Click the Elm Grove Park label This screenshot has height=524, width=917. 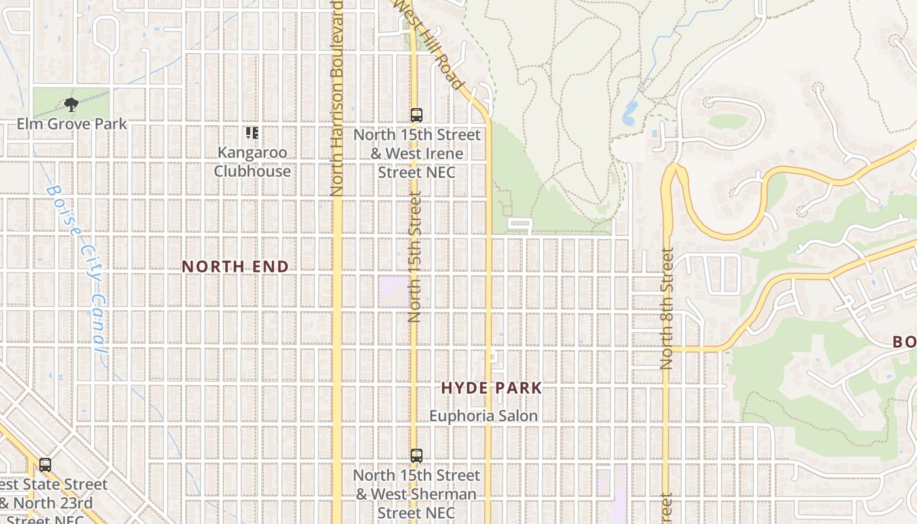pyautogui.click(x=72, y=124)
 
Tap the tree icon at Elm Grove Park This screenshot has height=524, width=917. pyautogui.click(x=71, y=105)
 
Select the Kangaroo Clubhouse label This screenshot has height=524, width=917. pyautogui.click(x=253, y=162)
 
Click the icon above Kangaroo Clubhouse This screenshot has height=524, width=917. pyautogui.click(x=252, y=134)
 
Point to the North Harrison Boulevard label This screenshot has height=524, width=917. pyautogui.click(x=337, y=98)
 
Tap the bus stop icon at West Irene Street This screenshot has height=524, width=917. pyautogui.click(x=417, y=115)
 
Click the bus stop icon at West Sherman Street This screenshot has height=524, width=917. pyautogui.click(x=417, y=456)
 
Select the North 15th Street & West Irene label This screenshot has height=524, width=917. pyautogui.click(x=417, y=154)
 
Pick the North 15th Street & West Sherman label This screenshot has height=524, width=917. pyautogui.click(x=417, y=494)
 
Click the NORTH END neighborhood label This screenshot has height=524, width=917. pyautogui.click(x=235, y=267)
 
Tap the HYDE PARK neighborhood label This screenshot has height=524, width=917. pyautogui.click(x=491, y=388)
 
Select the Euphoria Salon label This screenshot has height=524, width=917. pyautogui.click(x=483, y=416)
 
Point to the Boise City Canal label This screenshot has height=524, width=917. pyautogui.click(x=79, y=269)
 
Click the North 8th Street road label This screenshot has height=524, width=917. pyautogui.click(x=667, y=308)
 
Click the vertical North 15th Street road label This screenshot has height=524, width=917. pyautogui.click(x=414, y=255)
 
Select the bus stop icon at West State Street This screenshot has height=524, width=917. pyautogui.click(x=45, y=465)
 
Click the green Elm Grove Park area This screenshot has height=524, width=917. pyautogui.click(x=52, y=98)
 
